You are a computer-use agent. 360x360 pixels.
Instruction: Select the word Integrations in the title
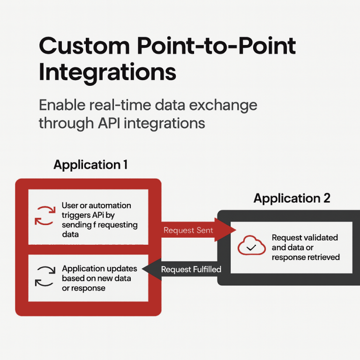tap(107, 72)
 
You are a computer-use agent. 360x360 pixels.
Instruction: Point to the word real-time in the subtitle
tap(123, 105)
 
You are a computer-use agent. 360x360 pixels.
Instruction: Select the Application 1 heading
tap(90, 165)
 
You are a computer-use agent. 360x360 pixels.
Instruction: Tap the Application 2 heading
tap(292, 198)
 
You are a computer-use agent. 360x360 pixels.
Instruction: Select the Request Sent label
tap(188, 230)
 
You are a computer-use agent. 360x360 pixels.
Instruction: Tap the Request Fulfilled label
tap(191, 270)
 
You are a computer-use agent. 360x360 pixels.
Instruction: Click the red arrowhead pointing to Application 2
tap(225, 230)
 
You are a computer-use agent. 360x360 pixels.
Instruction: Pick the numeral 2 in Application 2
tap(326, 198)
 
